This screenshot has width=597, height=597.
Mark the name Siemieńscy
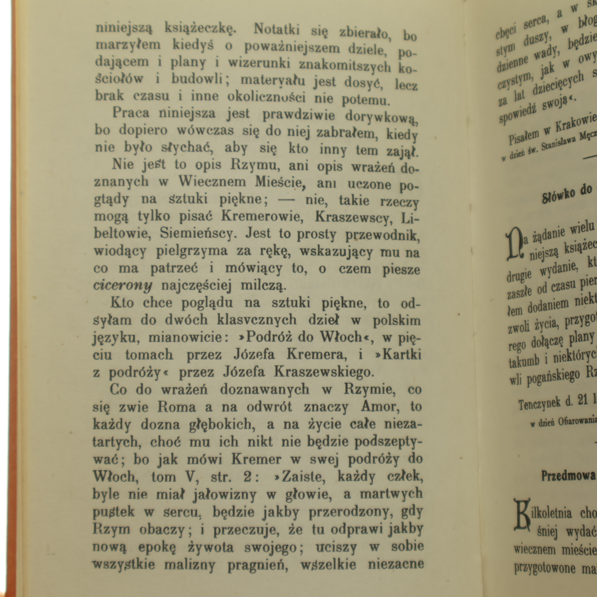pyautogui.click(x=199, y=234)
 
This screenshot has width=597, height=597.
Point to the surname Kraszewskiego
pyautogui.click(x=323, y=372)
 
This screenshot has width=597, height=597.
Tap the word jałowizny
pyautogui.click(x=225, y=494)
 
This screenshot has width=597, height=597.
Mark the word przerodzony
pyautogui.click(x=349, y=512)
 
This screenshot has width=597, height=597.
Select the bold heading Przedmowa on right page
pyautogui.click(x=568, y=476)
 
